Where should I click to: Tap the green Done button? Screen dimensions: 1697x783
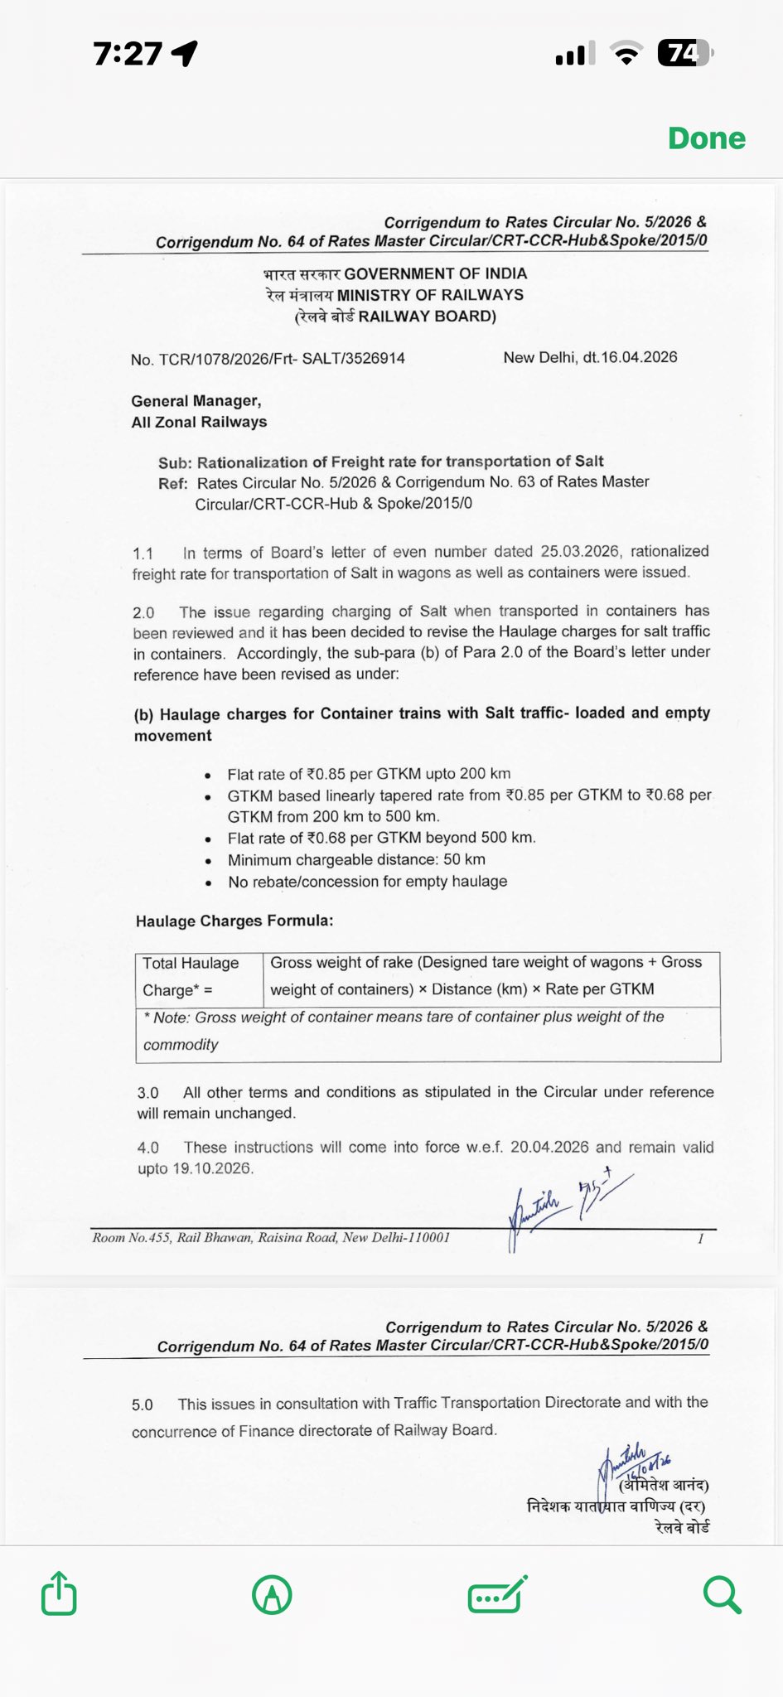[x=706, y=138]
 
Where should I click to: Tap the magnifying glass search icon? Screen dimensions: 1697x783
[x=721, y=1594]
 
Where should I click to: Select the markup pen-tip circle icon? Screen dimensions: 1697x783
[x=272, y=1594]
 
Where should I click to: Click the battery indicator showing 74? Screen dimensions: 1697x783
[x=684, y=54]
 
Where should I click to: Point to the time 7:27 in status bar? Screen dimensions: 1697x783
[x=128, y=54]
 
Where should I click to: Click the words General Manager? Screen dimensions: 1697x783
[x=196, y=401]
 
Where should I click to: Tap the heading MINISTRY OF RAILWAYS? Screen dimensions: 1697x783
[x=429, y=295]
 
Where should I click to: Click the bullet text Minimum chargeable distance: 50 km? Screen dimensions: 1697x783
[x=356, y=860]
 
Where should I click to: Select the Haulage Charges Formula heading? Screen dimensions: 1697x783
[x=234, y=921]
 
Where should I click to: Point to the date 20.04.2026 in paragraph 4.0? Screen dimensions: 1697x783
[x=549, y=1148]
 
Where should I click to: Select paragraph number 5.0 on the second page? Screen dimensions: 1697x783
[x=142, y=1404]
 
